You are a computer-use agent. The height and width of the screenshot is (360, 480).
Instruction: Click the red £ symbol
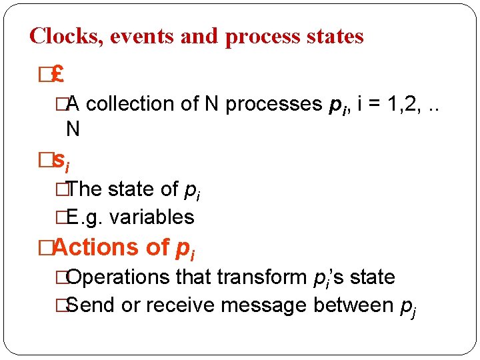pyautogui.click(x=57, y=75)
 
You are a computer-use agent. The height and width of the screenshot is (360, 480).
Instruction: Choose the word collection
pyautogui.click(x=130, y=104)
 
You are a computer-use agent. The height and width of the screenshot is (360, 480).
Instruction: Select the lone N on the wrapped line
pyautogui.click(x=73, y=129)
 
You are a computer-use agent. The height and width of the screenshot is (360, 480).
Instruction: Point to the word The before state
pyautogui.click(x=85, y=189)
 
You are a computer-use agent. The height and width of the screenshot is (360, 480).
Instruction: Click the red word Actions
pyautogui.click(x=91, y=247)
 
